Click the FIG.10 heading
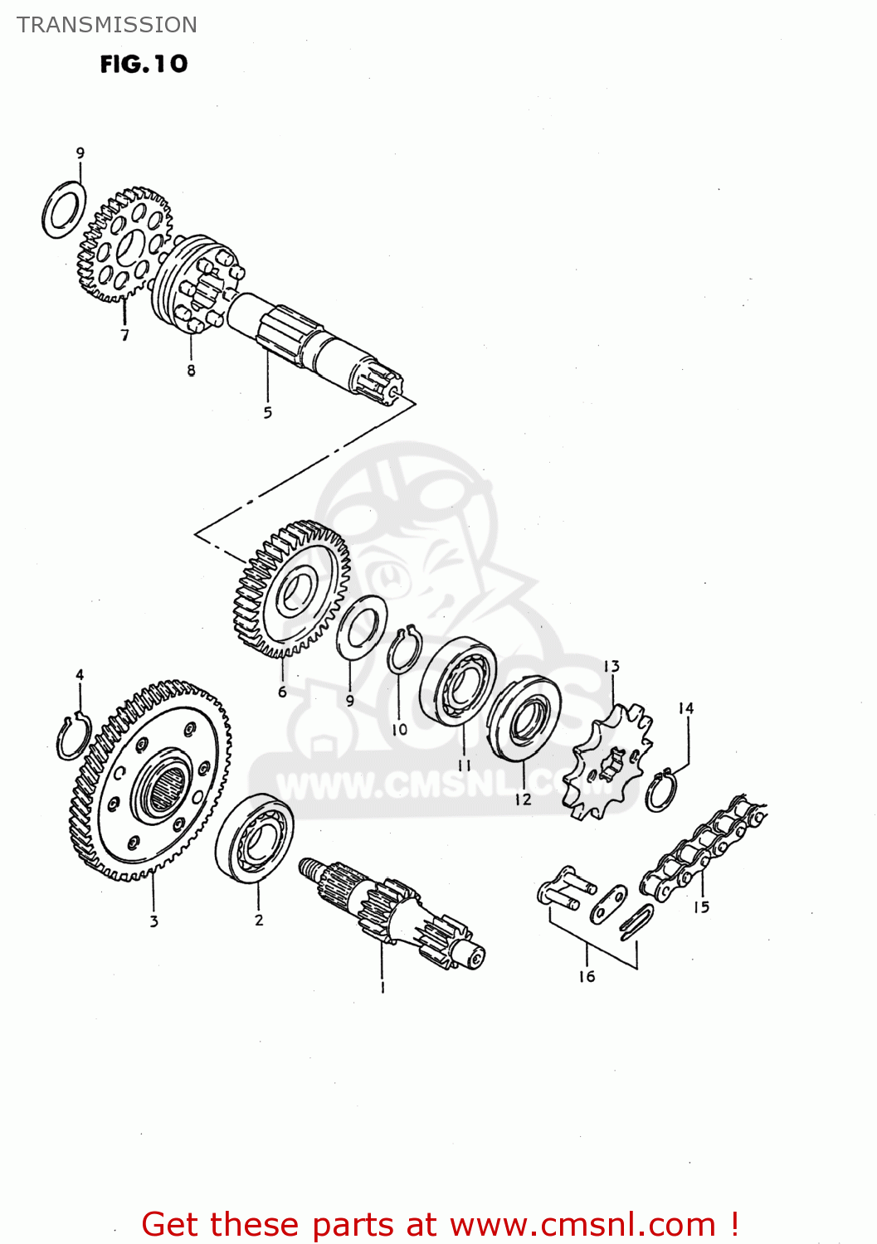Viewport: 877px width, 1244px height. (144, 64)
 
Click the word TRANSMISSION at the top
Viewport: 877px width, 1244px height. (107, 25)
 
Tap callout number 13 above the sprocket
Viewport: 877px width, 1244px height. (611, 667)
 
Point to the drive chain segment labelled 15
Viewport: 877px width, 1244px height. (705, 850)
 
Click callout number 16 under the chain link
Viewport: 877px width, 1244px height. (587, 976)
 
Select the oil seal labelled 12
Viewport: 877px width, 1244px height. (523, 718)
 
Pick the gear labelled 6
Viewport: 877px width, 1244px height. (291, 588)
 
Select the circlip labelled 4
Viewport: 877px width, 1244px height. (74, 734)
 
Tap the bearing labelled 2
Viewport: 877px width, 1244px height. (254, 838)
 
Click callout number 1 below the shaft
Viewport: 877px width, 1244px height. (382, 988)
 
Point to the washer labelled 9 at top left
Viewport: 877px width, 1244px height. (64, 209)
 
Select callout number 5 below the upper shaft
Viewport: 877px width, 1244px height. (267, 412)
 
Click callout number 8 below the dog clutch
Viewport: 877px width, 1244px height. (191, 371)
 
